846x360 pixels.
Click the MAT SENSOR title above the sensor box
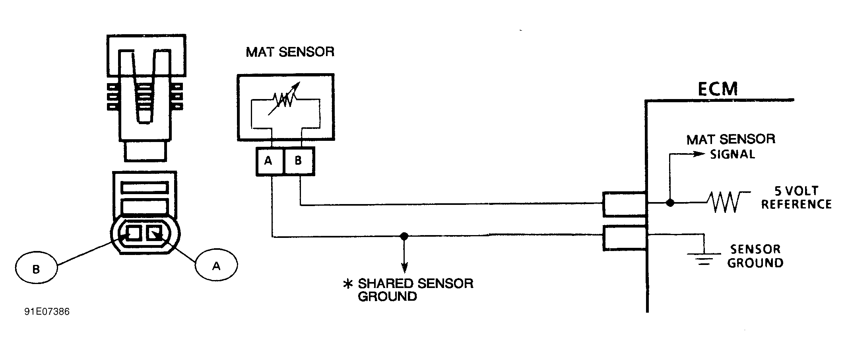(290, 52)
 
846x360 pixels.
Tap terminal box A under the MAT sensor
(268, 161)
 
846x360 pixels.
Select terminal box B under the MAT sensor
(299, 161)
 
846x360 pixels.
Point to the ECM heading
(718, 89)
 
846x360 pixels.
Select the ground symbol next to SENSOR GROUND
(704, 258)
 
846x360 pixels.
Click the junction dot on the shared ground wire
(404, 236)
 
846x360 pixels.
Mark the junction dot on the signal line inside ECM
(670, 203)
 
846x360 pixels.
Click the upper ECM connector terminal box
(624, 204)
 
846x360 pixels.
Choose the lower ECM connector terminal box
(624, 238)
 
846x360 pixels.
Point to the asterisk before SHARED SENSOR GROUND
(348, 284)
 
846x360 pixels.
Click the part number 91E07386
(47, 312)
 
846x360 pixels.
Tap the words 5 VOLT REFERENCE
(796, 198)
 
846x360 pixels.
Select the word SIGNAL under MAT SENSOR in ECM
(732, 154)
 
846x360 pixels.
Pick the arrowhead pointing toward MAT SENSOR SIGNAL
(700, 154)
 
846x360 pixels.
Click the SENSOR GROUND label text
(755, 256)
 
